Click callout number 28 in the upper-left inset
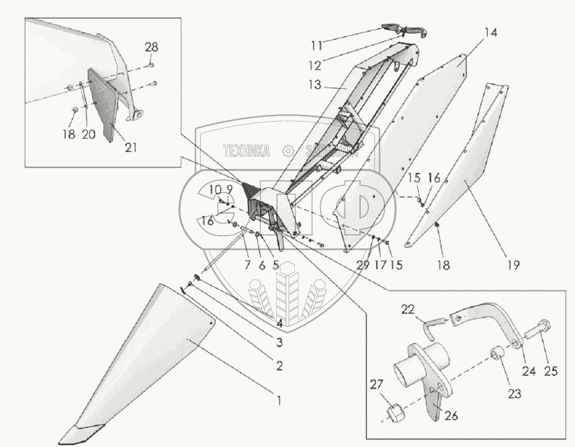click(151, 47)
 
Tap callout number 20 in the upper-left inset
click(89, 135)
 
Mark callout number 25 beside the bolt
click(551, 371)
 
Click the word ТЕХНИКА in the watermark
click(247, 151)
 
